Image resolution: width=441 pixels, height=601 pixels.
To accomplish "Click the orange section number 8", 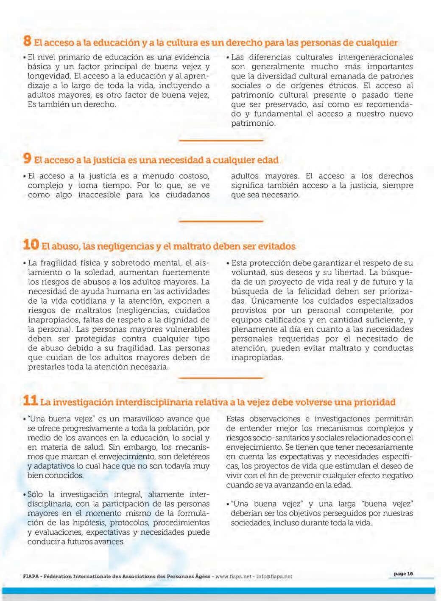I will click(27, 41).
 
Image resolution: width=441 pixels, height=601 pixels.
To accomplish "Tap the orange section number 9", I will click(27, 159).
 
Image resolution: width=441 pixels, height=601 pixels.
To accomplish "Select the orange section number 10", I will click(31, 245).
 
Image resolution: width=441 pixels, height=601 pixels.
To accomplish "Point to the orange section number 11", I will click(31, 400).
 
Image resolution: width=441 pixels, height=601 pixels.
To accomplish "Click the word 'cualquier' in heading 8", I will click(376, 43).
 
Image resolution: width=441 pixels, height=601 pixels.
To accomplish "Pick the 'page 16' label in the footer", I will click(403, 574).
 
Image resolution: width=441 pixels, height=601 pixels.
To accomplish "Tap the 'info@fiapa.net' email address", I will click(274, 576).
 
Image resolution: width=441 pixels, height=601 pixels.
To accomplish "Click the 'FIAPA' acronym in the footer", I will click(31, 576).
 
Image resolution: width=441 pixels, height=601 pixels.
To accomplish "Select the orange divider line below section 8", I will click(221, 140).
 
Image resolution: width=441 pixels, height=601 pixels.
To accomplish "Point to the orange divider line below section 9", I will click(221, 221).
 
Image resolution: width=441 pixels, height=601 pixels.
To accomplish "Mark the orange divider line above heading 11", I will click(221, 377).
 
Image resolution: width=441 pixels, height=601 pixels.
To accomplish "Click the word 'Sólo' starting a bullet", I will click(35, 494).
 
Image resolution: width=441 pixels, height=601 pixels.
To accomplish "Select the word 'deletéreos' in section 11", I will click(189, 457).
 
